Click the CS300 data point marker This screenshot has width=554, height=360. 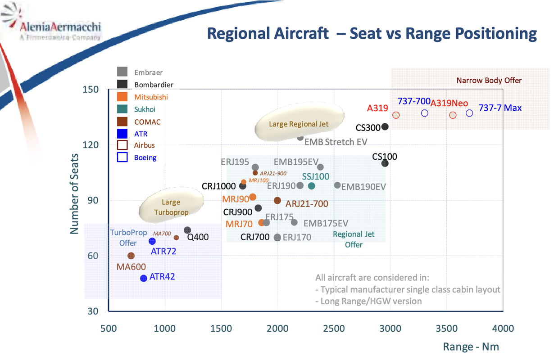[x=385, y=127]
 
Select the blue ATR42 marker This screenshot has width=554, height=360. [x=144, y=279]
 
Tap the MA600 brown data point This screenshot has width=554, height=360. [x=131, y=256]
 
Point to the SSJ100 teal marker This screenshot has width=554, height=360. [x=311, y=186]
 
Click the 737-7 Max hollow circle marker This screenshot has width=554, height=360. [x=469, y=113]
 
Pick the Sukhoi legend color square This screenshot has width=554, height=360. [x=122, y=109]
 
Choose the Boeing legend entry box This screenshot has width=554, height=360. [x=122, y=157]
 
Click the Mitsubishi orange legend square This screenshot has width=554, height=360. [x=122, y=97]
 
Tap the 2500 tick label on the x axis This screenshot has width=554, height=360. [x=334, y=328]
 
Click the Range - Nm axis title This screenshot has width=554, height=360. [x=471, y=346]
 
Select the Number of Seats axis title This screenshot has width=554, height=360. [x=74, y=193]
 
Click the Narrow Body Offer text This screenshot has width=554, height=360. [x=489, y=81]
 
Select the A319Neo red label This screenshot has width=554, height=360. [x=449, y=103]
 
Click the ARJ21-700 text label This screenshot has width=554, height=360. [x=307, y=204]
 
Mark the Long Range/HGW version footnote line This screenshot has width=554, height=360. [x=368, y=301]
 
